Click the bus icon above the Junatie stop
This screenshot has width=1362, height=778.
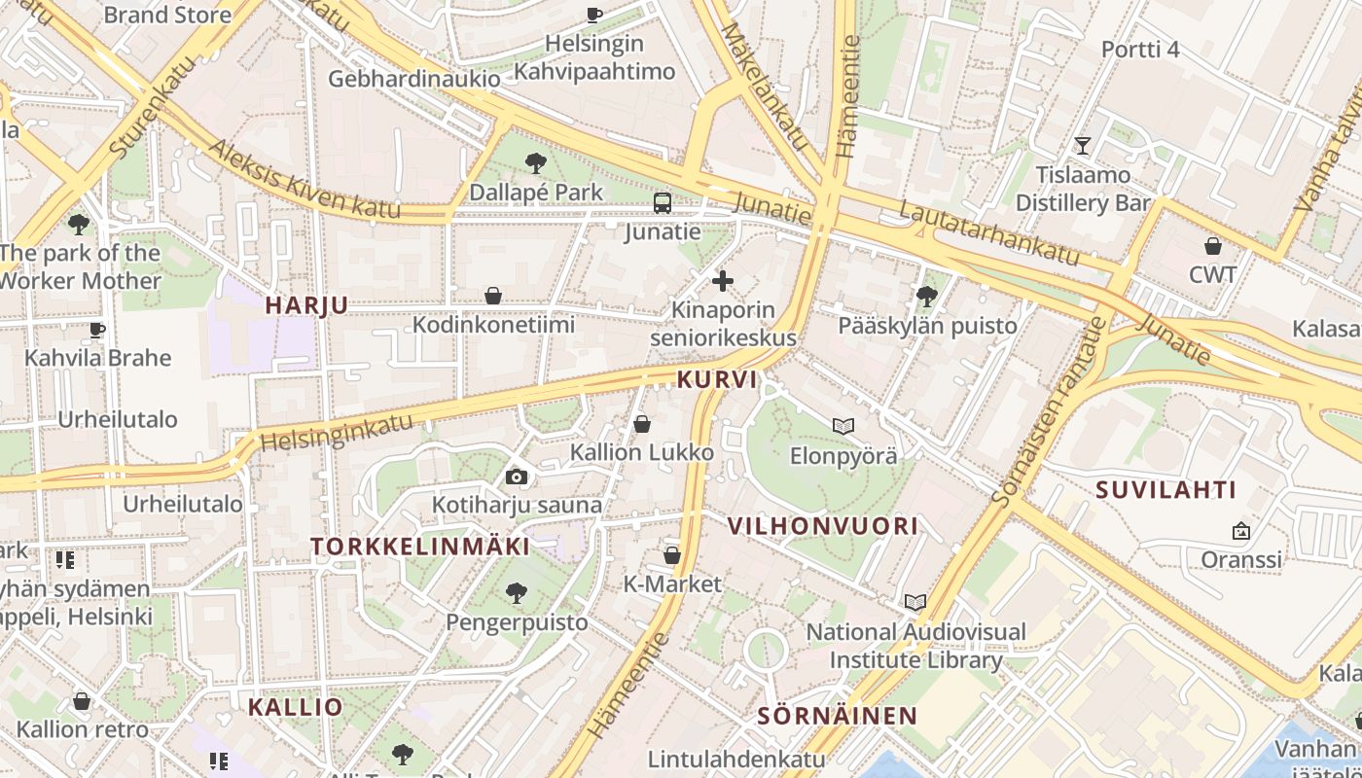(663, 202)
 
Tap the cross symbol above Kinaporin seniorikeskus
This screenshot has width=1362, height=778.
(722, 282)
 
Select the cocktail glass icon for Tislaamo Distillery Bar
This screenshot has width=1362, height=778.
(1082, 146)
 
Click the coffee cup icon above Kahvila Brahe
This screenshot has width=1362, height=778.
(96, 330)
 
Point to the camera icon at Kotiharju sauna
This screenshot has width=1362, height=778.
(517, 477)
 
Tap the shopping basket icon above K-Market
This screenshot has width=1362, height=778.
(671, 555)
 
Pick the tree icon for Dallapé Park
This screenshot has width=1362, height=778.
(535, 163)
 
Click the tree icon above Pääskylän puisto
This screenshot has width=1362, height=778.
(927, 296)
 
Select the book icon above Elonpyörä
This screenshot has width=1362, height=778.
(842, 426)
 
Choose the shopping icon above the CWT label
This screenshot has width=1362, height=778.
(1212, 246)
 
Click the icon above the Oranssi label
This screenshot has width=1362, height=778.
(1240, 531)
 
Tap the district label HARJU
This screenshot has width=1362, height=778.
(306, 305)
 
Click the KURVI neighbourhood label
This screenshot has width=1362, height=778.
(717, 379)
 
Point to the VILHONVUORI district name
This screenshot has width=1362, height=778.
(823, 526)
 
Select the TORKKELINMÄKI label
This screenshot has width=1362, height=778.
(420, 547)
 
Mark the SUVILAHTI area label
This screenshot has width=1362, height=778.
(1165, 490)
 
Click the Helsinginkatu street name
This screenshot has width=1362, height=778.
(337, 434)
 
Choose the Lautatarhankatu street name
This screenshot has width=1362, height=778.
(989, 232)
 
